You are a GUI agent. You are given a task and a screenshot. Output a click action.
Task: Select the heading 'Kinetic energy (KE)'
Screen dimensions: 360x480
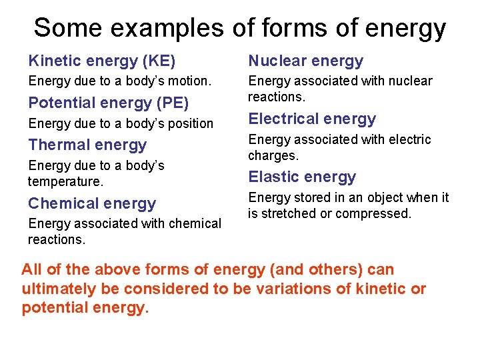[101, 61]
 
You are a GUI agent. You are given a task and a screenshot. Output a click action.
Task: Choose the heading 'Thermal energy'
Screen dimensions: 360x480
[87, 145]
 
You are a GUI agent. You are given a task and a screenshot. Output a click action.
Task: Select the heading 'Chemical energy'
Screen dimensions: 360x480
[91, 203]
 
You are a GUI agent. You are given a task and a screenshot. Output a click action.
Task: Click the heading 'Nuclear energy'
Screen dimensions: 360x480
[305, 61]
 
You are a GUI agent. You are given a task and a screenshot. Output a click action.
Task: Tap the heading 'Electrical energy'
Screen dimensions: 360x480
[312, 119]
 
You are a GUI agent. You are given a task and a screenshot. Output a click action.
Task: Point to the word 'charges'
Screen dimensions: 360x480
[272, 155]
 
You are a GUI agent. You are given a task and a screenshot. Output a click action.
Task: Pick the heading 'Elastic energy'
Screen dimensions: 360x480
[302, 177]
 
